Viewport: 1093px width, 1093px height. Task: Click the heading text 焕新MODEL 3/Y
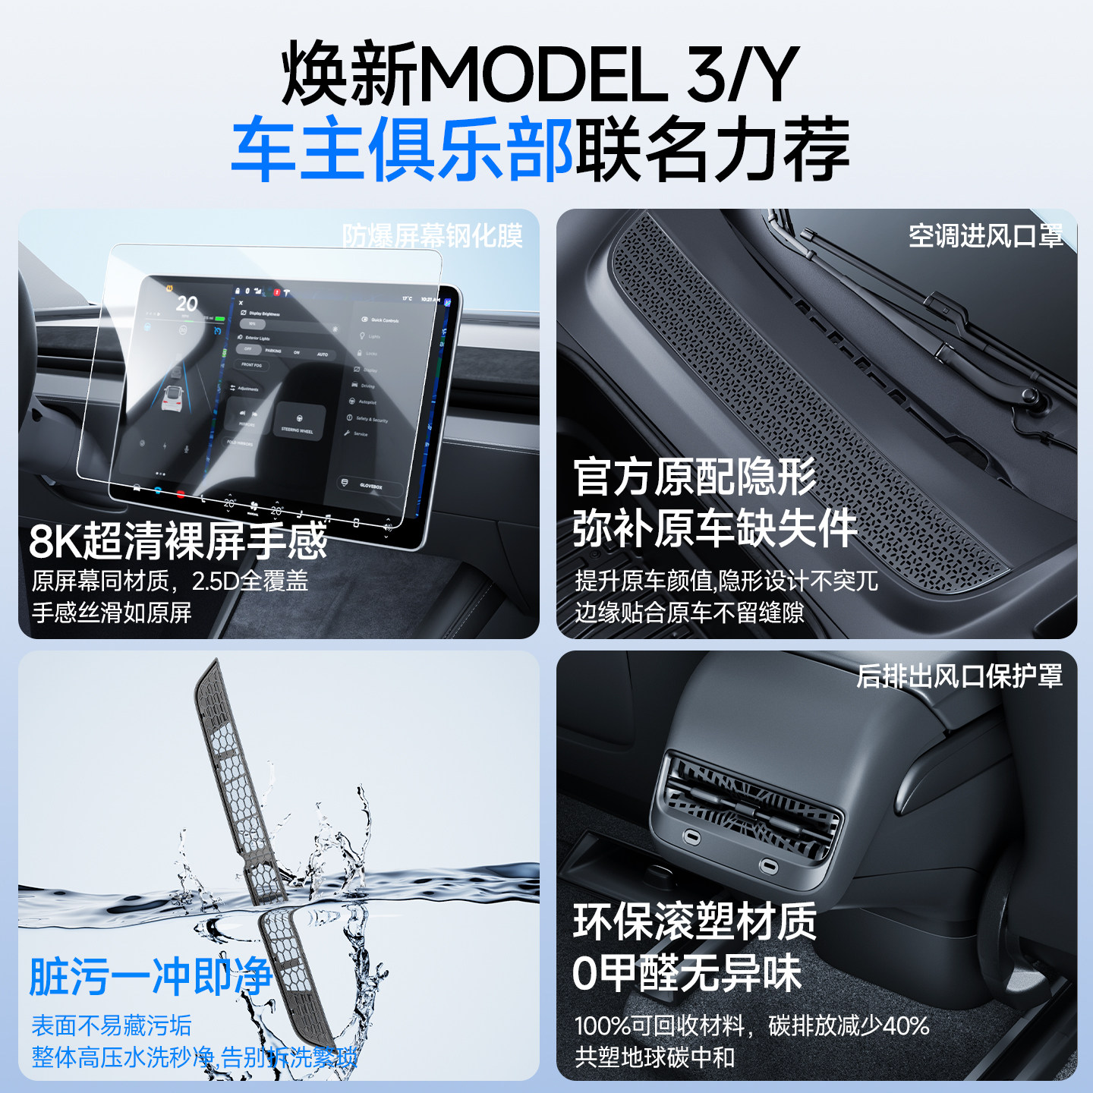[x=539, y=74]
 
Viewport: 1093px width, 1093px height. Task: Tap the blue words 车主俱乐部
[x=402, y=149]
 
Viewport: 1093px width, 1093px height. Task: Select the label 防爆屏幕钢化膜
[x=432, y=236]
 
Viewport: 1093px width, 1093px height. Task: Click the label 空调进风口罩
[x=985, y=236]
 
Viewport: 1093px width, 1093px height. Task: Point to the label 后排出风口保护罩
[x=959, y=676]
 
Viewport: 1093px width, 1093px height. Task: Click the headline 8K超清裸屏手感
[x=178, y=541]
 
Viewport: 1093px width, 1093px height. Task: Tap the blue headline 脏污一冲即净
[x=150, y=976]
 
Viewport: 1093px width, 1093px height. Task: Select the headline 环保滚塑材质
[x=695, y=921]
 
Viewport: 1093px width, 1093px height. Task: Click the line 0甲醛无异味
[x=687, y=972]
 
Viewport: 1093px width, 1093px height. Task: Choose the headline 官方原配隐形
[x=695, y=477]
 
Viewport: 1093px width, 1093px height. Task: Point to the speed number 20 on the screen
[x=187, y=304]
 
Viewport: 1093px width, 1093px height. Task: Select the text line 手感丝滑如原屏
[x=112, y=613]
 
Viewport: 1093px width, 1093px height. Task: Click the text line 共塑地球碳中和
[x=654, y=1057]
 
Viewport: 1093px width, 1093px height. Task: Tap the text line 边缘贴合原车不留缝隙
[x=689, y=613]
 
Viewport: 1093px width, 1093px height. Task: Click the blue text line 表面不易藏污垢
[x=112, y=1025]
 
